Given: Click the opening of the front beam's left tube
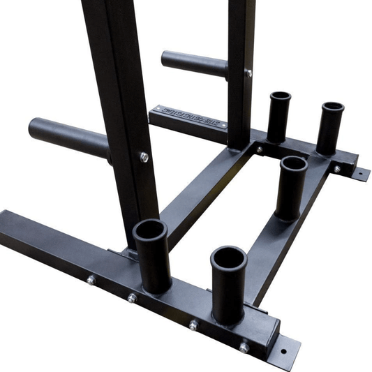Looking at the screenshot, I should pos(151,231).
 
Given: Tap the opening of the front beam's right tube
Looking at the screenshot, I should pos(229,258).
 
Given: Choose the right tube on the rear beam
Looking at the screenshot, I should pos(330,127).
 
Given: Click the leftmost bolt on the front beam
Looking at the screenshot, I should pos(91,280).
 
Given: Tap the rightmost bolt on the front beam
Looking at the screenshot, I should pos(244,347).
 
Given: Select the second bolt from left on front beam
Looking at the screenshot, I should pos(132,298).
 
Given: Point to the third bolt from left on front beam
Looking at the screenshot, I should pos(193,325).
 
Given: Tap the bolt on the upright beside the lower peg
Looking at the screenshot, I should pos(144,157).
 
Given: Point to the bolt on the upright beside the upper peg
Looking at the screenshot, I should pos(248,73).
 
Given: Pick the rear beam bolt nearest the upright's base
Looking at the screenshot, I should pos(259,149).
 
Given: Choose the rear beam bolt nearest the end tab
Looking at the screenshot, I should pos(336,169).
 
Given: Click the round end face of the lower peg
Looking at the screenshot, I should pos(34,128).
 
